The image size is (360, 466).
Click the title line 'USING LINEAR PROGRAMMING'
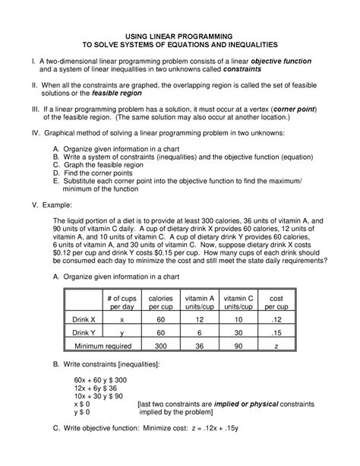coord(180,36)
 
